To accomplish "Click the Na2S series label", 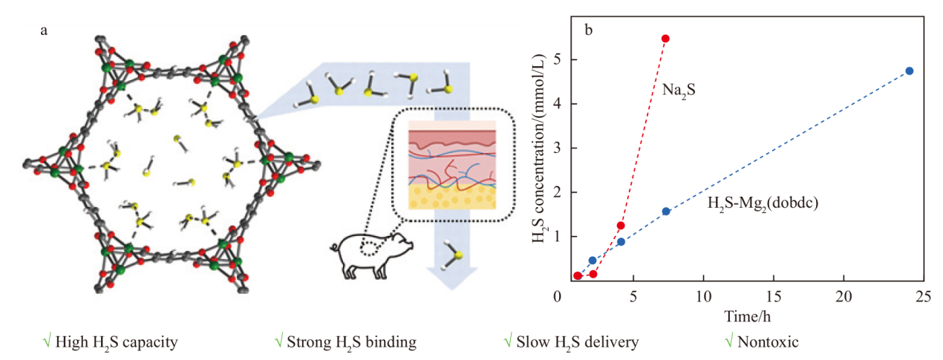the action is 679,90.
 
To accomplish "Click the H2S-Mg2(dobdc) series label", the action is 763,203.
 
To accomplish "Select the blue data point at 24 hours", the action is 910,71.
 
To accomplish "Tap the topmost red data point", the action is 665,39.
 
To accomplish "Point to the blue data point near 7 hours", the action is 666,212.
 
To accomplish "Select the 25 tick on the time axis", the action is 923,297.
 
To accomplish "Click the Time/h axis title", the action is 747,316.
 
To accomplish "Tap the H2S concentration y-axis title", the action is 539,148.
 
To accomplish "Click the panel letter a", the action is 44,30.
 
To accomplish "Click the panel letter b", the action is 589,30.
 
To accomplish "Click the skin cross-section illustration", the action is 452,165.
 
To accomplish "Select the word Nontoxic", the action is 768,342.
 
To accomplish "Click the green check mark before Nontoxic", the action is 729,341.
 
